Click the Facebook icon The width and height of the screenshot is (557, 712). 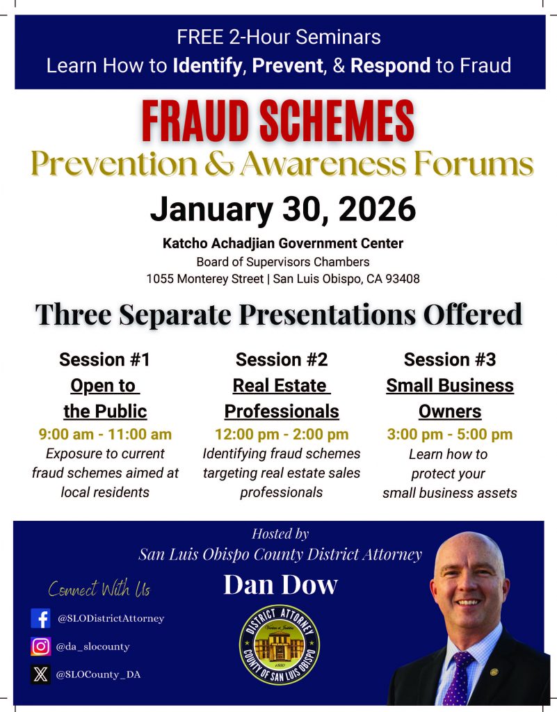click(40, 618)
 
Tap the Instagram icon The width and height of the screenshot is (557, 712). click(40, 646)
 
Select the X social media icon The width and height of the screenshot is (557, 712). click(40, 674)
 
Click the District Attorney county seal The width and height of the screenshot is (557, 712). click(280, 645)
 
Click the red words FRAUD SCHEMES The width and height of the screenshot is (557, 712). click(278, 121)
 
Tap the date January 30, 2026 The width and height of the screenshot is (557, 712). click(283, 209)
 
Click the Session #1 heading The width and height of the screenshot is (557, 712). click(104, 359)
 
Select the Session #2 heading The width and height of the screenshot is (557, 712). click(282, 359)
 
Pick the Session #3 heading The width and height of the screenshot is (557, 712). click(450, 359)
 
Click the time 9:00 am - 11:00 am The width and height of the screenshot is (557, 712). click(105, 435)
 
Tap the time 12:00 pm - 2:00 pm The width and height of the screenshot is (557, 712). click(282, 435)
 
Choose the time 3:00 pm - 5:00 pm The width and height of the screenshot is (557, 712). click(450, 435)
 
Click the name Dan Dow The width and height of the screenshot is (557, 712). click(281, 585)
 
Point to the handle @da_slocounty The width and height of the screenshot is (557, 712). click(93, 647)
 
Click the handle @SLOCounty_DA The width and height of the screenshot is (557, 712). click(99, 674)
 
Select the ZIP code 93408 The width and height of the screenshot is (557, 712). click(403, 278)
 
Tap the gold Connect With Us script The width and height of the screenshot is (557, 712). click(99, 589)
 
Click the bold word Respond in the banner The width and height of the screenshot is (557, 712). click(390, 66)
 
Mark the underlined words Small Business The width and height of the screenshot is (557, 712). click(450, 386)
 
